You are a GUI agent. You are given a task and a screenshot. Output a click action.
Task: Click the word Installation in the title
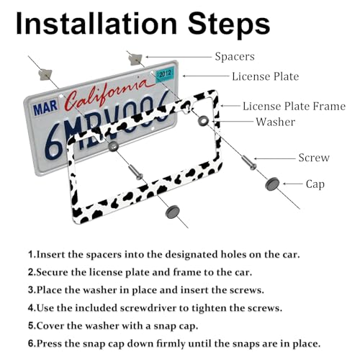coord(96,24)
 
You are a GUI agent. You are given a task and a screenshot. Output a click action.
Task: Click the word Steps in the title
coord(229,25)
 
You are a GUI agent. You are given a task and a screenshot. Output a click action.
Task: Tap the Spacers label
coord(235,57)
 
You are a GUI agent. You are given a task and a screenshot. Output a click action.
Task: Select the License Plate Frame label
coord(294,107)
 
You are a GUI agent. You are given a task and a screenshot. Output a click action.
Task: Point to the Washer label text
coord(276,122)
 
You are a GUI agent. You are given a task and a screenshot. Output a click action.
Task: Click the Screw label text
coord(314,158)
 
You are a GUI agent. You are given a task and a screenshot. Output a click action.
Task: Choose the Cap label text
coord(315,184)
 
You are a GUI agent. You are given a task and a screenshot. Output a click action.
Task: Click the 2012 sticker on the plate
coord(165,74)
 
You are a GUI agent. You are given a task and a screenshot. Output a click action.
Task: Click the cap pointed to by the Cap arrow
coord(272,184)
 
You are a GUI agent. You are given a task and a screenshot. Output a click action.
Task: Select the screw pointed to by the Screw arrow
coord(249,163)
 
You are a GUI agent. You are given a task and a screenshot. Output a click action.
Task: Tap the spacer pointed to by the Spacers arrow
coord(135,60)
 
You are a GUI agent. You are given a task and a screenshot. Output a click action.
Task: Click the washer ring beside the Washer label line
coord(203,121)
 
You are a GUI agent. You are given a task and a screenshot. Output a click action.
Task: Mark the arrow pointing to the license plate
coord(206,76)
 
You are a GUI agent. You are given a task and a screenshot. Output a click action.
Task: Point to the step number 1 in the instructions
coord(31,254)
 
